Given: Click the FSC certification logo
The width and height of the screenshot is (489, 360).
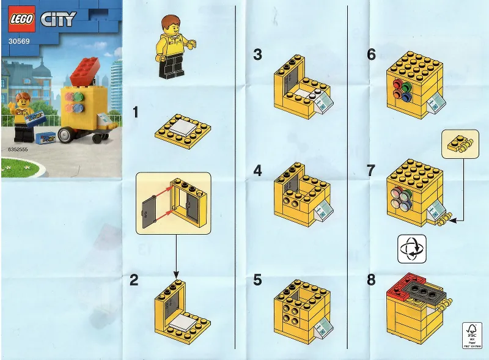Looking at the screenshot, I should (x=471, y=335).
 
